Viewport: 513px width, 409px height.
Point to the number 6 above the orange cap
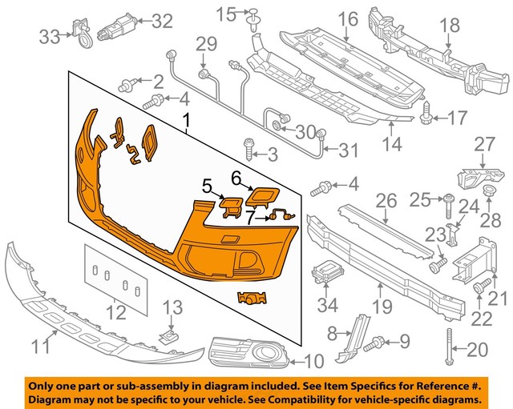(x=236, y=176)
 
